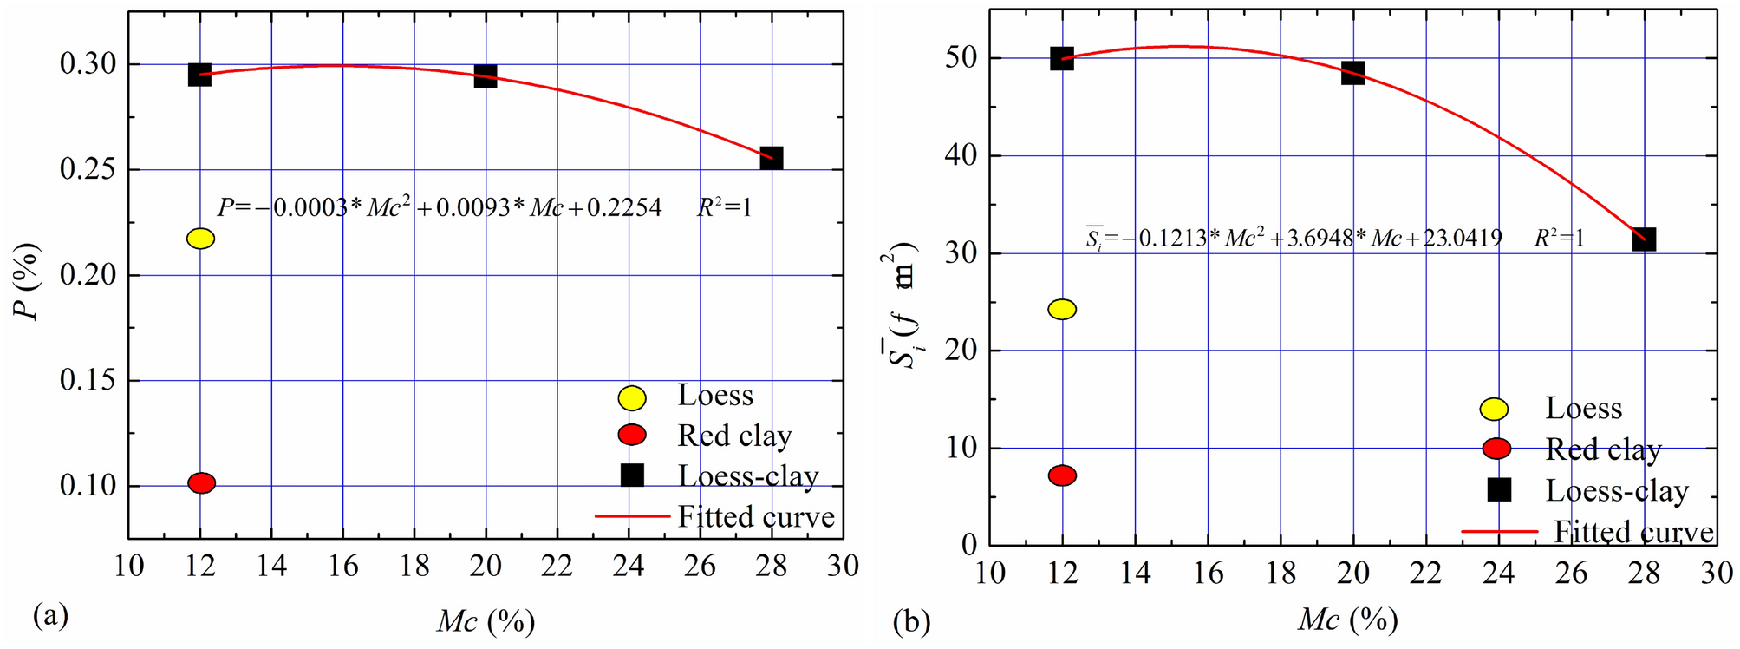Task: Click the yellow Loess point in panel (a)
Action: [x=200, y=239]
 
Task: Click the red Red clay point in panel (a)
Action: [x=201, y=483]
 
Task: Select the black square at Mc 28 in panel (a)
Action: [x=772, y=158]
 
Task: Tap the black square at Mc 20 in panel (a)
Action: [x=486, y=76]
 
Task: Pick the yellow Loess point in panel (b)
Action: [x=1062, y=310]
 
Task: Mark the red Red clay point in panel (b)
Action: [x=1062, y=475]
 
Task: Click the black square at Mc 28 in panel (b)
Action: [x=1644, y=239]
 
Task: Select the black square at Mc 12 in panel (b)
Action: [x=1062, y=59]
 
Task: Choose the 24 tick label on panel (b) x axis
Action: [x=1498, y=574]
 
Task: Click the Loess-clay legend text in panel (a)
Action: [x=748, y=476]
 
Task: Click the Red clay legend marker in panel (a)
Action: [x=633, y=435]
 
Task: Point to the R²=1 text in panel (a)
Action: [x=725, y=208]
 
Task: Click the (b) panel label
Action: [x=912, y=621]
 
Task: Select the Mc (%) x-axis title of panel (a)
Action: [x=486, y=621]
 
